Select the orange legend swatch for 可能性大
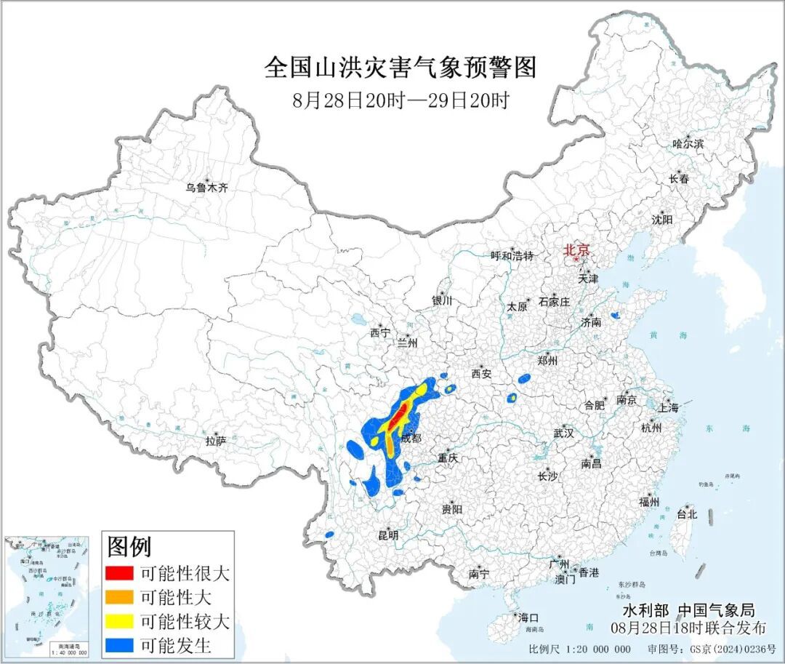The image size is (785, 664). pos(119,597)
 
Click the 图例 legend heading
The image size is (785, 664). pos(129,546)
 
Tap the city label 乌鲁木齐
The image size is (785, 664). pos(206,188)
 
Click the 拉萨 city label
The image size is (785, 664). pos(216,441)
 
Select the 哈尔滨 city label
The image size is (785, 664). pos(688,144)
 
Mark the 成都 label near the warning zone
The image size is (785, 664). pos(411,438)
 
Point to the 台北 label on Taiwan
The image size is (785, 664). pos(687,514)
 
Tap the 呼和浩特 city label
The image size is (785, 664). pos(512,255)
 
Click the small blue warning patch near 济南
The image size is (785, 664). pos(615,316)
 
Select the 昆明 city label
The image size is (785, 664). pos(388,535)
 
